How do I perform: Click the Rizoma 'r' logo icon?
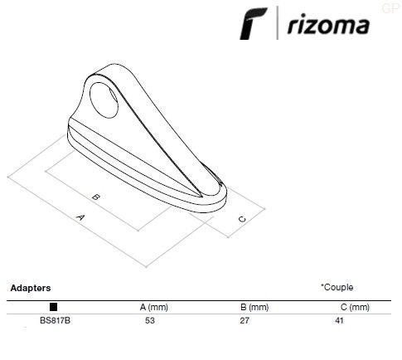253,24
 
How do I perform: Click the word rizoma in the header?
328,26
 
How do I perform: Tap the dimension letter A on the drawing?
80,217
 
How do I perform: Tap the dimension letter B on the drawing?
95,197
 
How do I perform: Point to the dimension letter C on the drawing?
242,219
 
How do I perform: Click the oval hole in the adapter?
104,100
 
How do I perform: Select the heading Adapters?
31,288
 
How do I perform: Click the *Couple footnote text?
337,287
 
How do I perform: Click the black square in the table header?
53,307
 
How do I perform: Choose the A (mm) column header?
154,307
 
